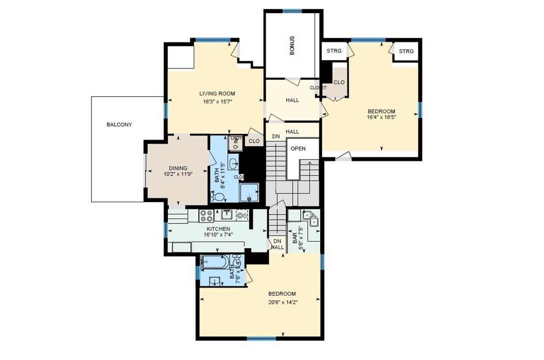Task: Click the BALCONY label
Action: (x=119, y=124)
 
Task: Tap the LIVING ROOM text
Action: (x=217, y=93)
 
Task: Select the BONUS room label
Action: (x=292, y=45)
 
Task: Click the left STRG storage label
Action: (x=334, y=51)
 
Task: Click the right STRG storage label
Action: (x=406, y=51)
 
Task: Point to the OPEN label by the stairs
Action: (x=298, y=148)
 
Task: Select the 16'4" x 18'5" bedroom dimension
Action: (x=381, y=118)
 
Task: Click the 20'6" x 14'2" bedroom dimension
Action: (x=282, y=301)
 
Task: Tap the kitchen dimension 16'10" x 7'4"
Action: (x=217, y=234)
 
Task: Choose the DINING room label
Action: (x=178, y=168)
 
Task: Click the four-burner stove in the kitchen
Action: (x=206, y=215)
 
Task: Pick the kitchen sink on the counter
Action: (x=226, y=215)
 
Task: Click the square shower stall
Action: (x=250, y=192)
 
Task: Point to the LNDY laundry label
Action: (x=236, y=138)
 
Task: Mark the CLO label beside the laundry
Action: (x=254, y=141)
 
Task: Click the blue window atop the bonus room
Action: (x=292, y=10)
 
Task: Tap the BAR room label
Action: (x=295, y=237)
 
